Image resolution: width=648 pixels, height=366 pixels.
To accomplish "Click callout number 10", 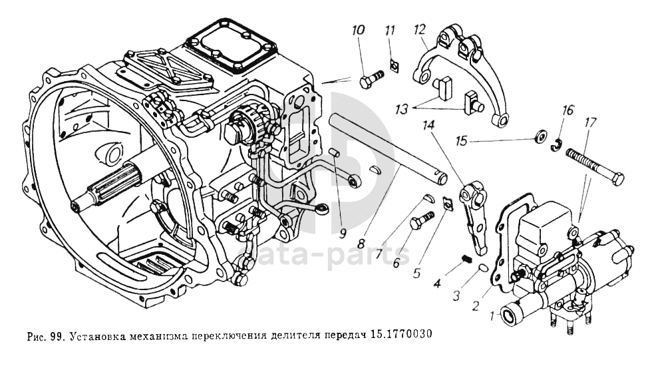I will (358, 31).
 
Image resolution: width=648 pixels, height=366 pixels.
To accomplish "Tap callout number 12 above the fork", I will (418, 30).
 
